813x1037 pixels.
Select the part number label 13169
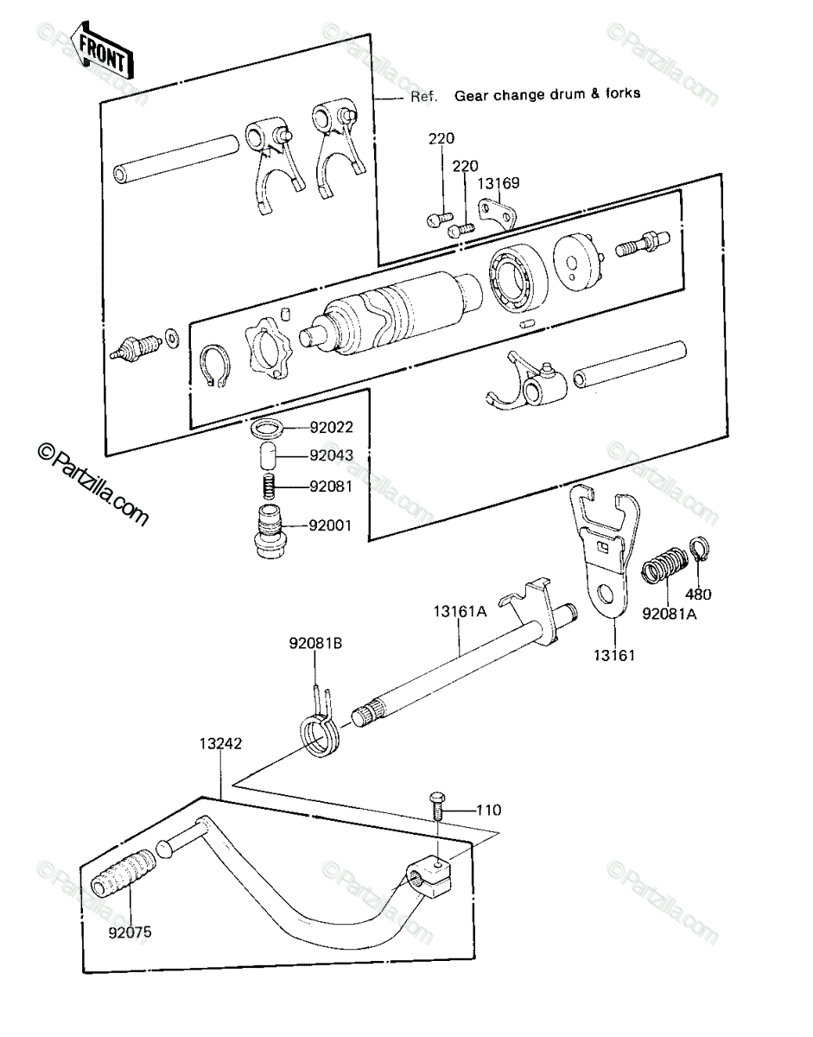(499, 183)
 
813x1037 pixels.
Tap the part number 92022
(332, 427)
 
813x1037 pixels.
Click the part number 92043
(332, 455)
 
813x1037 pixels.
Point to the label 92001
(330, 525)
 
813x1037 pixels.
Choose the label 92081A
(669, 614)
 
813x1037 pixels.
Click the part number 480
(698, 595)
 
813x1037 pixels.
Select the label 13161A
(460, 611)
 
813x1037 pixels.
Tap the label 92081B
(315, 643)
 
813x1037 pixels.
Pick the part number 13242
(220, 743)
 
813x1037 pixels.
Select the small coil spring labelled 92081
(271, 487)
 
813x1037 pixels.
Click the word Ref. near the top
(424, 97)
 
